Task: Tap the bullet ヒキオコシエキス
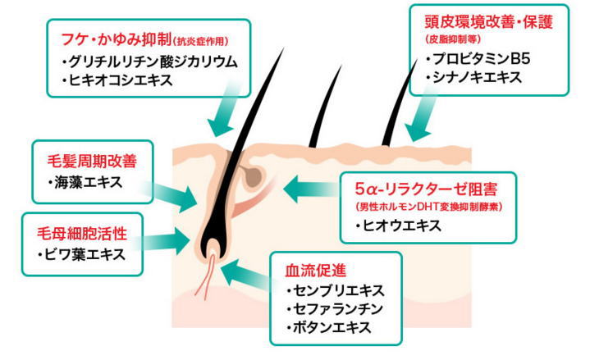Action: (123, 80)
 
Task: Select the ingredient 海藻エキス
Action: (86, 181)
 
